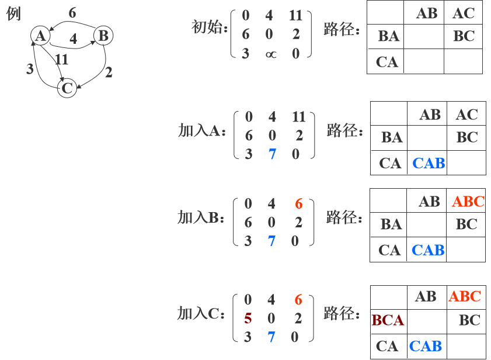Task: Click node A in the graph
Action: pos(40,36)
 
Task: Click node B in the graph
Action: pos(103,36)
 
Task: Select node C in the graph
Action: pos(67,88)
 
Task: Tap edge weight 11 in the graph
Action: pos(62,59)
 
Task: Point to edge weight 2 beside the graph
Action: pos(109,72)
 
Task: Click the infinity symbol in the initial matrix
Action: pos(269,54)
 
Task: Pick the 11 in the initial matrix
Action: pos(295,16)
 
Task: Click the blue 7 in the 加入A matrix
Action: pos(272,154)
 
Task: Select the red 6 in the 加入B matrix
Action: pos(299,204)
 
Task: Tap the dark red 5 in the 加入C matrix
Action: pos(248,319)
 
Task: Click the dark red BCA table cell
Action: pos(388,320)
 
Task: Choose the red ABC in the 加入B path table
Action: pos(468,202)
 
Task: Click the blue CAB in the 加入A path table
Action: pos(429,163)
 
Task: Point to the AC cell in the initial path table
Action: pos(464,13)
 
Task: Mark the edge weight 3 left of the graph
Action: pos(30,69)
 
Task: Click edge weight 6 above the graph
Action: pos(72,13)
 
